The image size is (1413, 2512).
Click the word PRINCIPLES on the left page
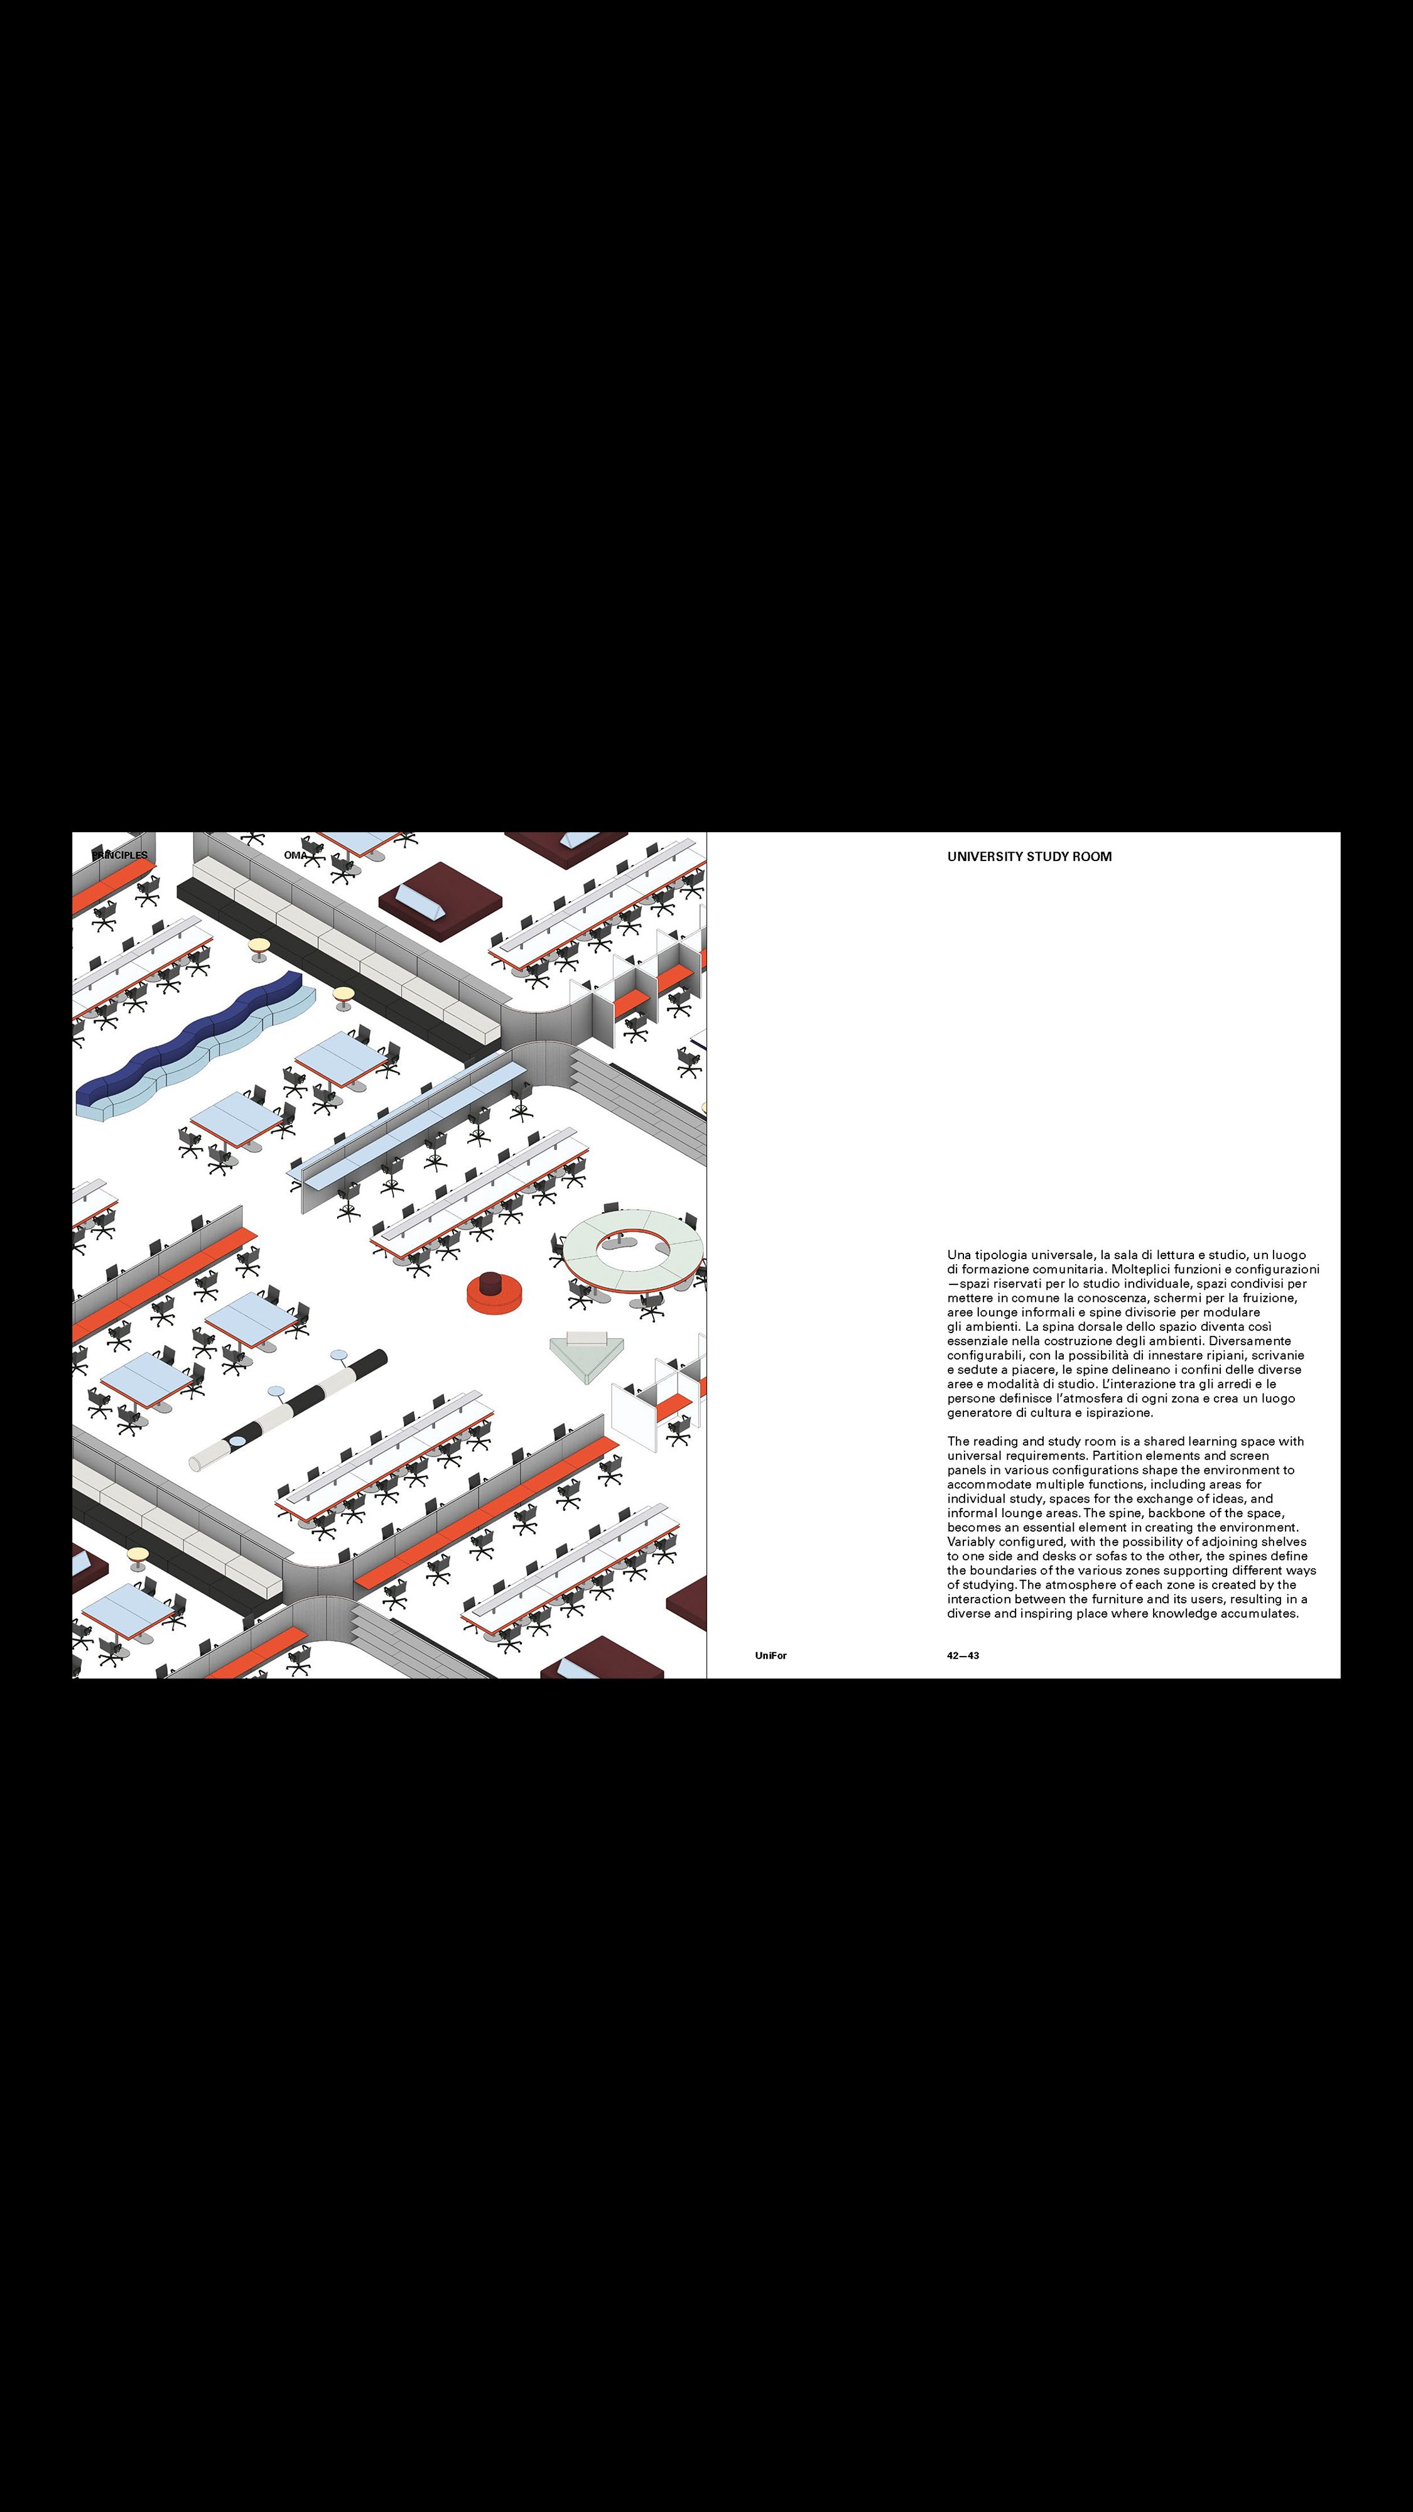120,855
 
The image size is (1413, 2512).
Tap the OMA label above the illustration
295,855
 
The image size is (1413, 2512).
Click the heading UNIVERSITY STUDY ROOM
1029,857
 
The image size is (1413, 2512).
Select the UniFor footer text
771,1656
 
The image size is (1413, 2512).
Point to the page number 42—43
963,1656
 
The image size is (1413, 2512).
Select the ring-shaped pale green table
632,1250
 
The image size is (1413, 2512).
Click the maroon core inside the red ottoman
495,1283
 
